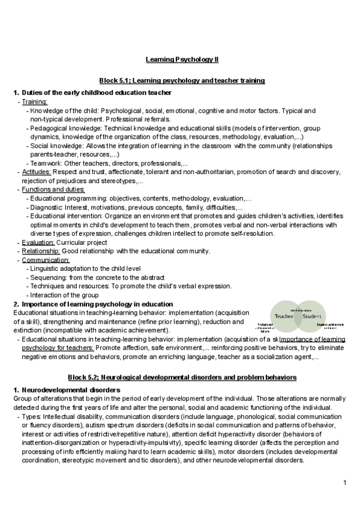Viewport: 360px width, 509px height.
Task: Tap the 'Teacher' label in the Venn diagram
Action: tap(284, 316)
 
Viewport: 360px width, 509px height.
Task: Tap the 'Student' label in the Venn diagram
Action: tap(312, 316)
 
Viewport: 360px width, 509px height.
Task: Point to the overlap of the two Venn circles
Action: tap(298, 316)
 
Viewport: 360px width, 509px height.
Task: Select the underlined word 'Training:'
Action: tap(35, 102)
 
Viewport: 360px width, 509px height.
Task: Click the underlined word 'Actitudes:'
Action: tap(37, 172)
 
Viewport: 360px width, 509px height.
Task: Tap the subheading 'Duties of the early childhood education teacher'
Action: tap(97, 92)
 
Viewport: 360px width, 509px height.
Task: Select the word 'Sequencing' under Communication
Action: tap(47, 277)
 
